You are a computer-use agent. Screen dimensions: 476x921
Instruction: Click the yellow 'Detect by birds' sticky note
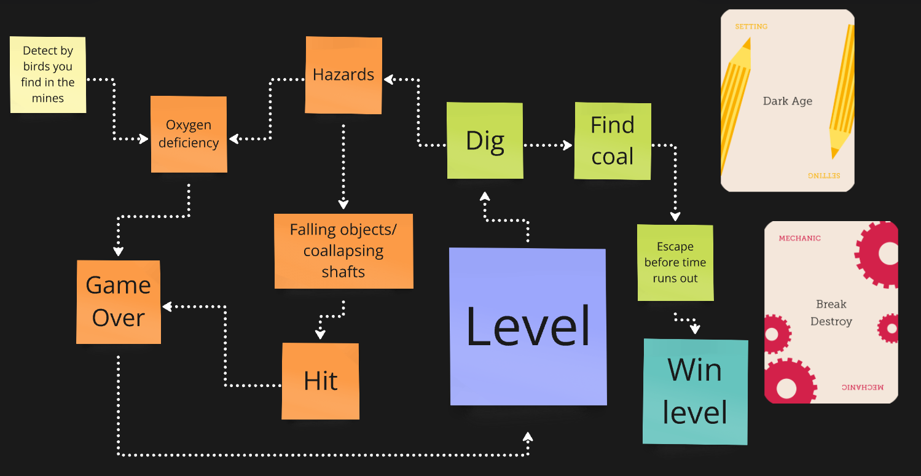point(48,74)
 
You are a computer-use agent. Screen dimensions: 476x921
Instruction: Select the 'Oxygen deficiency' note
point(189,134)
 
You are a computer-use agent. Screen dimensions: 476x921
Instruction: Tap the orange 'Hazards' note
point(343,75)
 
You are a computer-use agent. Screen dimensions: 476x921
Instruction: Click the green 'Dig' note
point(485,141)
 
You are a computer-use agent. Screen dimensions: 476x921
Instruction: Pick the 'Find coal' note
point(612,141)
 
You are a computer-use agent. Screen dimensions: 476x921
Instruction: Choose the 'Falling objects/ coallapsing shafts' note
point(343,251)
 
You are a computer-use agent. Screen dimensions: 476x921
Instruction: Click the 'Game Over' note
point(119,302)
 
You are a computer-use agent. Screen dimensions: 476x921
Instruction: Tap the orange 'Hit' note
point(320,381)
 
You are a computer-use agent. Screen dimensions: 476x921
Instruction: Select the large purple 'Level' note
point(528,326)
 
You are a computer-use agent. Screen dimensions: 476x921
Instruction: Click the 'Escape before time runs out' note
point(675,262)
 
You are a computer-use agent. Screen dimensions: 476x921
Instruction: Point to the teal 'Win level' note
point(695,391)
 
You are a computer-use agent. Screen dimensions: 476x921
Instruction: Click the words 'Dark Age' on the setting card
point(787,101)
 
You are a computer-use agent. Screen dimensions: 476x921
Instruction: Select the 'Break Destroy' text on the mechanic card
point(831,313)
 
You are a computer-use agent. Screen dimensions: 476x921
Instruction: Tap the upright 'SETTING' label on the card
point(751,26)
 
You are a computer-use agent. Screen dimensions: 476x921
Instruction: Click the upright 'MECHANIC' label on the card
point(799,238)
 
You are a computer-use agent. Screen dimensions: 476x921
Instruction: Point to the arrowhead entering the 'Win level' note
point(695,329)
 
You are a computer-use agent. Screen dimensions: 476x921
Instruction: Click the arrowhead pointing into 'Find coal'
point(567,146)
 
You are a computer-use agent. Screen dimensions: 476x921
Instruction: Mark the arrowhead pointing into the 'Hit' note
point(320,335)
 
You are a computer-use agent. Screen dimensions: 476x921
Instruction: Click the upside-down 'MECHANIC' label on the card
point(863,387)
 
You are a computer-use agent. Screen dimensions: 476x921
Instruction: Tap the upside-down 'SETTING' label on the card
point(823,176)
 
